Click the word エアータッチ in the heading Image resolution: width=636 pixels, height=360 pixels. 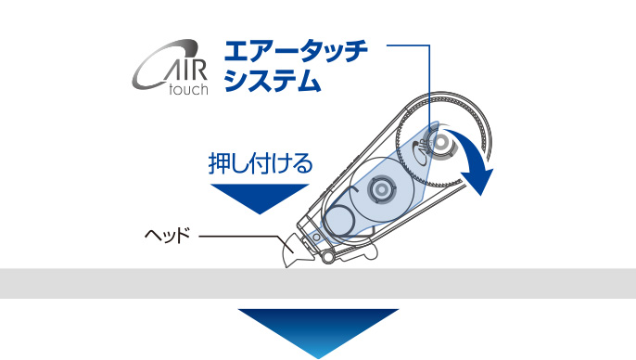click(x=296, y=51)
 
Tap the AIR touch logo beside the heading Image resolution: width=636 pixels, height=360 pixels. click(x=171, y=68)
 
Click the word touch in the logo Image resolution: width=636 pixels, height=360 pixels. click(x=188, y=89)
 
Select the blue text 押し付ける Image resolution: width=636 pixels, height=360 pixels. click(x=261, y=163)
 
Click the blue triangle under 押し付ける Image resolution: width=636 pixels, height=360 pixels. click(x=260, y=197)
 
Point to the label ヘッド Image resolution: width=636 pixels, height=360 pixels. click(x=168, y=236)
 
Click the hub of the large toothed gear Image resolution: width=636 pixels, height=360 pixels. click(x=439, y=143)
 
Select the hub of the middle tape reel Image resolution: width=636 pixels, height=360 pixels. click(x=381, y=189)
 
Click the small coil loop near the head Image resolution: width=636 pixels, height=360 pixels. click(x=339, y=220)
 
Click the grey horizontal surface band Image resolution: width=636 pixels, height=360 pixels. click(x=318, y=283)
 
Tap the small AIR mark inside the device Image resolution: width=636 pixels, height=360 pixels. click(x=419, y=146)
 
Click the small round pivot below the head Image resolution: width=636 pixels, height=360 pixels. click(x=328, y=256)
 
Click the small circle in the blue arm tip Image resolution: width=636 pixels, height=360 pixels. click(x=316, y=236)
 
